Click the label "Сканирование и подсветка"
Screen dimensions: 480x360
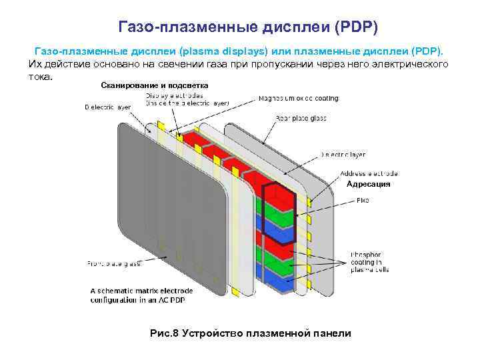pos(154,85)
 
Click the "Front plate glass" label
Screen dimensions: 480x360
pos(114,264)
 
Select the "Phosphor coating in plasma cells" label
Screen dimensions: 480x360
pos(369,262)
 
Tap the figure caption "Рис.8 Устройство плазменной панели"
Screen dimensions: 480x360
pos(250,333)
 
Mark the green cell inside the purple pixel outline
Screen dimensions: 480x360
pos(279,221)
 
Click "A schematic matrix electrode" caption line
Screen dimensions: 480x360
pos(141,291)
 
